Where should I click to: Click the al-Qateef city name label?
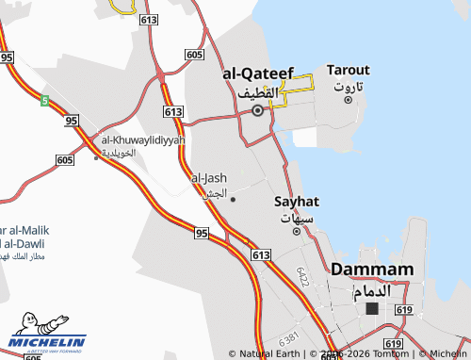point(258,73)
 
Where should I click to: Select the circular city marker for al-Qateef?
point(257,110)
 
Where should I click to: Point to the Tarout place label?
point(348,70)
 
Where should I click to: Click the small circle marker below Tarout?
point(348,100)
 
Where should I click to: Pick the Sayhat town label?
point(297,202)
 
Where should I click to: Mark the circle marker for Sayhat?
point(297,231)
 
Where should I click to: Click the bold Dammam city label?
point(373,270)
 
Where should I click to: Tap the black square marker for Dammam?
point(372,308)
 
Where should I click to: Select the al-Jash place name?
point(209,177)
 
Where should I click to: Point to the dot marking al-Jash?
point(233,199)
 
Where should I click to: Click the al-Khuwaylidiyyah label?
point(143,140)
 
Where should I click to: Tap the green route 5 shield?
point(44,100)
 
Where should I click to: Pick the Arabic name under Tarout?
point(348,87)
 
